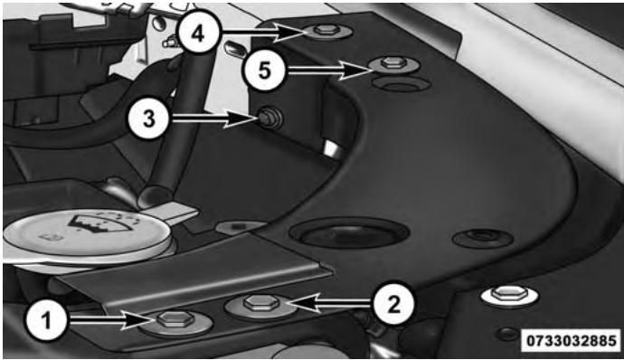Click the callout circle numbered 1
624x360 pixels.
tap(46, 320)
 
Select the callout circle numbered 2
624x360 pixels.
tap(393, 305)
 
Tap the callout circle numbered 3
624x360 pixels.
tap(149, 118)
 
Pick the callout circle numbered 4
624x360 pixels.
tap(198, 33)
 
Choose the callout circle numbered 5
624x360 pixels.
tap(264, 70)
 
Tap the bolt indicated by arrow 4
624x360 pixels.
tap(326, 32)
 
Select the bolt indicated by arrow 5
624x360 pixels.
tap(392, 64)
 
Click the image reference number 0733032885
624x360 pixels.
tap(572, 341)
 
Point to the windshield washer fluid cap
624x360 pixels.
tap(88, 237)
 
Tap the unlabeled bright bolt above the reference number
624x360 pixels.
tap(510, 296)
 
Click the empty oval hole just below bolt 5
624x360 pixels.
tap(401, 84)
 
